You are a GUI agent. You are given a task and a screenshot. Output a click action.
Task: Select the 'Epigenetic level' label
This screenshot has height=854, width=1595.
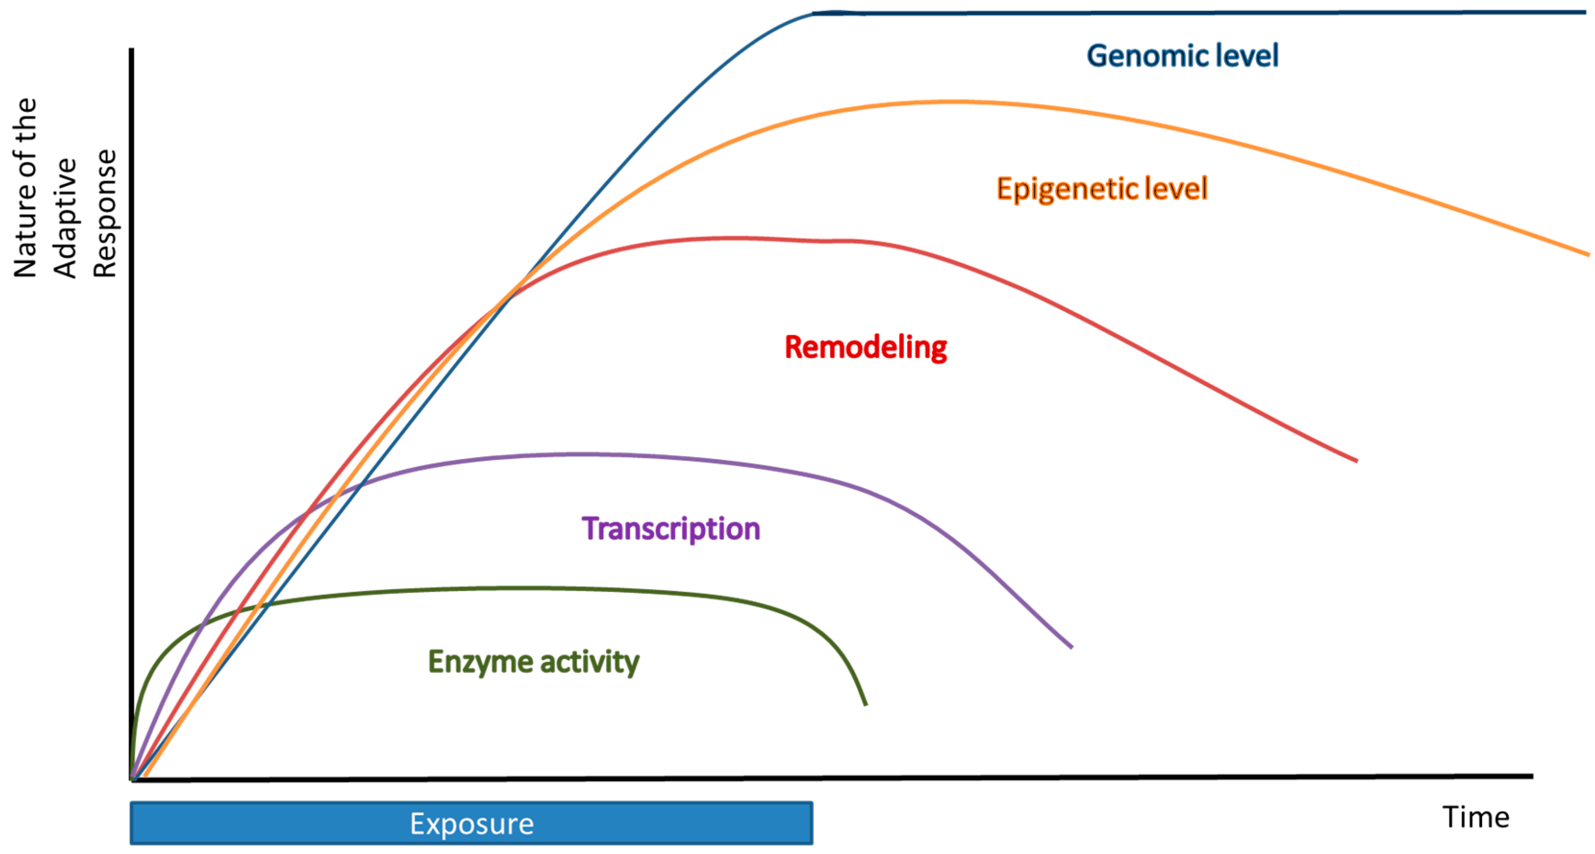[x=1102, y=189]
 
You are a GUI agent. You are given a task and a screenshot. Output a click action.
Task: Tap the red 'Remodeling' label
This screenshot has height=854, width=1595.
[x=866, y=347]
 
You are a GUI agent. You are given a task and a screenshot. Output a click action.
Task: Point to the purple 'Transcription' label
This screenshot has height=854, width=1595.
[x=671, y=529]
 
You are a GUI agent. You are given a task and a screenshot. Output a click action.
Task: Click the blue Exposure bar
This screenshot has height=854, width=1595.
[x=471, y=823]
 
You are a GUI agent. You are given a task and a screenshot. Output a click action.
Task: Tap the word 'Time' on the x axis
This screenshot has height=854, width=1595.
[x=1476, y=817]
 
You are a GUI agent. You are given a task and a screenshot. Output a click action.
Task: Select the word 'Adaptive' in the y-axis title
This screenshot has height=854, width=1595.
[x=66, y=218]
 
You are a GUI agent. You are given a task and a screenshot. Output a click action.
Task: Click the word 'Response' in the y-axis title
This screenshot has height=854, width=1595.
[x=105, y=213]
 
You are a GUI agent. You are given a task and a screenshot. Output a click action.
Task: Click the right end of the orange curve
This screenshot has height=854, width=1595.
[x=1588, y=254]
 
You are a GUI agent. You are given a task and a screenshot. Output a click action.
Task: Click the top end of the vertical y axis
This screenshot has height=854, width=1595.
[x=131, y=50]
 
